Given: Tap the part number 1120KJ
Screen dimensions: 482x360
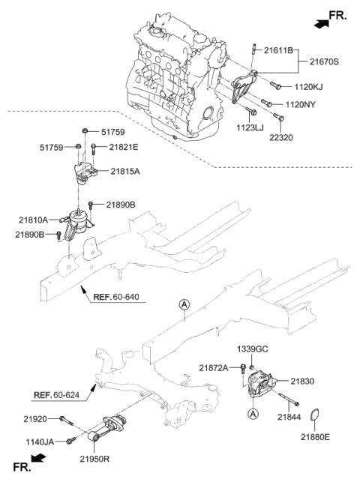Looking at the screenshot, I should click(307, 87).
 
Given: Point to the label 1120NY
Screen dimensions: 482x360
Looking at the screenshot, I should click(302, 105).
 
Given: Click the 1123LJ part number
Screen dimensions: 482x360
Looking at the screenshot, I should click(253, 129).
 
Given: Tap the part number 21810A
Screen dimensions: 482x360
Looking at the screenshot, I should click(34, 220).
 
